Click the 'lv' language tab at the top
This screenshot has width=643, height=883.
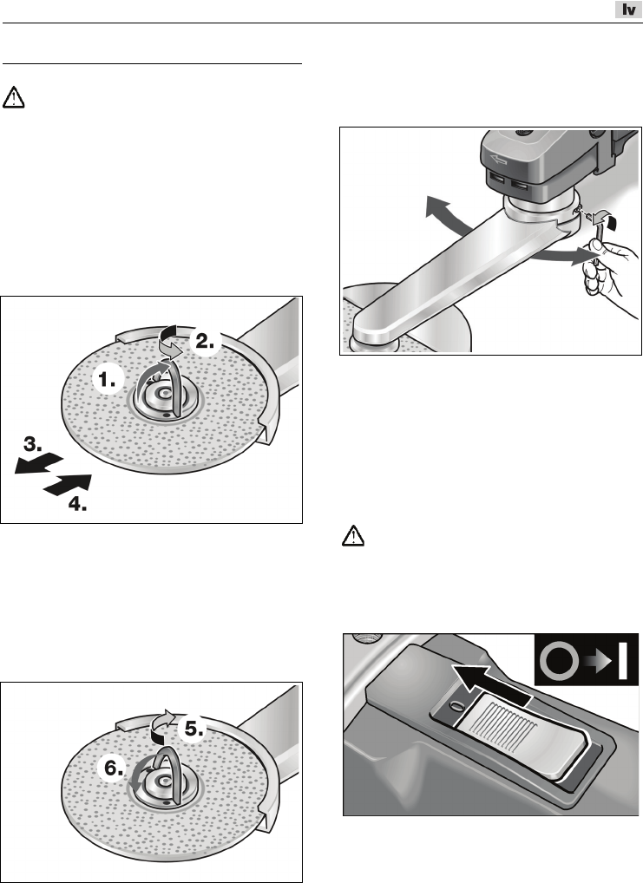(x=628, y=10)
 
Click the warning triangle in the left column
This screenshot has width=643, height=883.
(x=14, y=97)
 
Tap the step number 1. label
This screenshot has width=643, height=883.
(x=107, y=381)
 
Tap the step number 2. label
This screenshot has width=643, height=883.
(x=205, y=341)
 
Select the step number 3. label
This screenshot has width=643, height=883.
(x=33, y=444)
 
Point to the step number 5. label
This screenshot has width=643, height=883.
(x=194, y=729)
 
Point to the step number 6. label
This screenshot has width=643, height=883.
(x=115, y=768)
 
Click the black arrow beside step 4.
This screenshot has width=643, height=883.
(x=68, y=485)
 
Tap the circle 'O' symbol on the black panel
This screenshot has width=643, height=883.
(x=559, y=661)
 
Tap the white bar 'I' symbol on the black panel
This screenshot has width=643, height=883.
(x=622, y=661)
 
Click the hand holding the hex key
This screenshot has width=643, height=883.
(x=607, y=267)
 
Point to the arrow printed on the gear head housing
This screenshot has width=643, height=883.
(x=498, y=161)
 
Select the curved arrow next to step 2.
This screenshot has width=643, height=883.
(x=170, y=341)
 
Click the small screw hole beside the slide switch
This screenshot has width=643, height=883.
(x=456, y=704)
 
